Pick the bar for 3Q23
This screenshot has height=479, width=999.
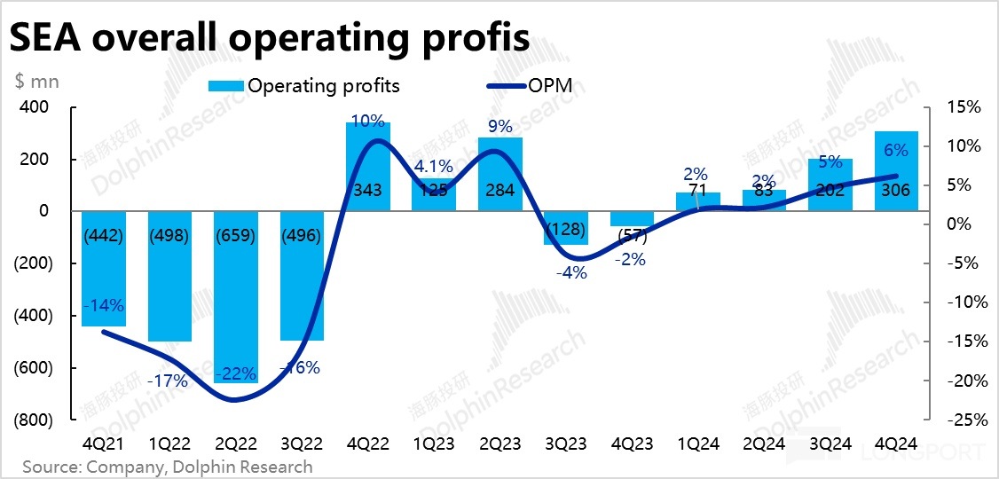(565, 228)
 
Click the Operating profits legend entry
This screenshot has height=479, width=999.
(303, 86)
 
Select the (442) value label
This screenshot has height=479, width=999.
(103, 238)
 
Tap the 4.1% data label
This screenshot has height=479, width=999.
(434, 166)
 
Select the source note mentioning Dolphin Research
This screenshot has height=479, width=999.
(167, 467)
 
